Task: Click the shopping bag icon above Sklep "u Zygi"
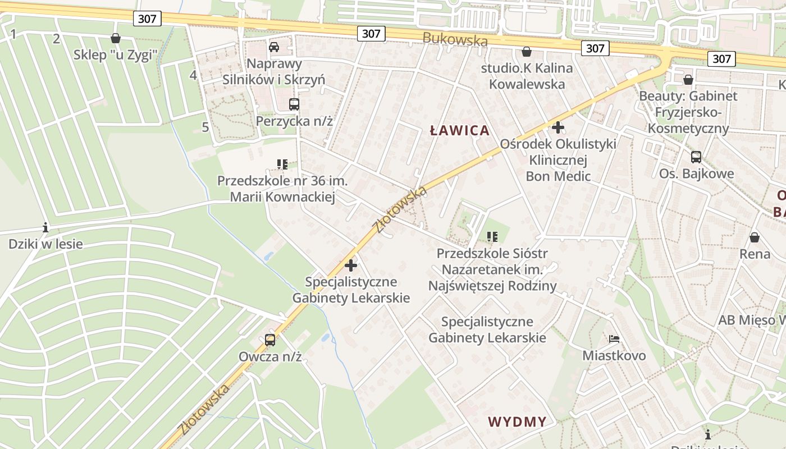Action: coord(116,38)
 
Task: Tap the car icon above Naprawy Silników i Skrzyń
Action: coord(274,47)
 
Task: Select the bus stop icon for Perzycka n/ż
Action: coord(294,104)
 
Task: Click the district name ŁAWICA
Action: coord(460,131)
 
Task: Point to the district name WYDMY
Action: coord(517,422)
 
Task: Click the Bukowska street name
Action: coord(455,40)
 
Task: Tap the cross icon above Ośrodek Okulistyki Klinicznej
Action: coord(557,127)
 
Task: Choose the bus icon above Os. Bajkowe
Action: coord(696,157)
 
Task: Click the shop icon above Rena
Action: coord(755,237)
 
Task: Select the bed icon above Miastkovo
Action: coord(614,339)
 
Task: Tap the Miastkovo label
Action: coord(614,356)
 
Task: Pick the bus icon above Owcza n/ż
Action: coord(270,340)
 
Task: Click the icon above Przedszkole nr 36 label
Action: coord(282,164)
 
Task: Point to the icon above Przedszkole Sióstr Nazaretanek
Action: coord(492,236)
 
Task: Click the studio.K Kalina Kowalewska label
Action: coord(527,76)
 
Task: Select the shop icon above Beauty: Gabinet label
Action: coord(688,80)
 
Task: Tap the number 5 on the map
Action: coord(205,127)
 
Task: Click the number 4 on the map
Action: coord(194,75)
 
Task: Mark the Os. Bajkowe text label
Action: coord(696,173)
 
